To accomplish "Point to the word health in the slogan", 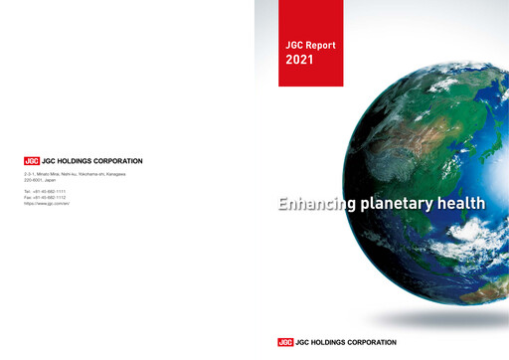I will tap(468, 204).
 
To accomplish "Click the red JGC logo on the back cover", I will tap(32, 160).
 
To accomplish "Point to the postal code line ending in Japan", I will tap(41, 179).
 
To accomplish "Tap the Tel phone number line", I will tap(46, 191).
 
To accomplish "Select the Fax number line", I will tap(46, 197).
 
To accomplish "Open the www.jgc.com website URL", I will tap(46, 203).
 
